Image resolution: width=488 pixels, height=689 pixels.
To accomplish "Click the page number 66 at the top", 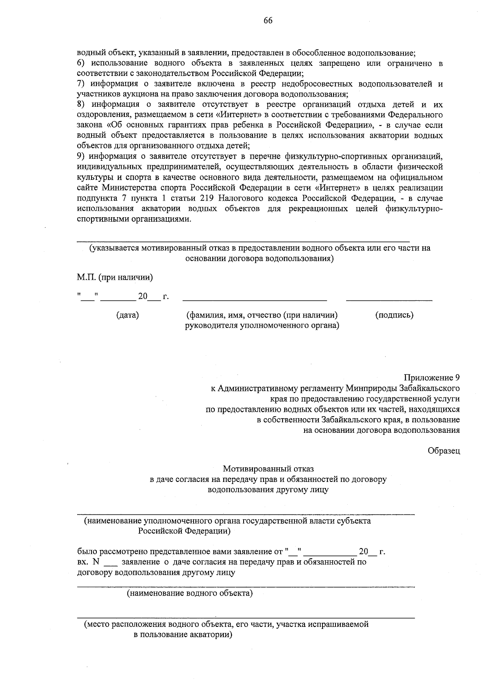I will click(x=268, y=21).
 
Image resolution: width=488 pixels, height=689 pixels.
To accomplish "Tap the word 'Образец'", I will click(x=444, y=451).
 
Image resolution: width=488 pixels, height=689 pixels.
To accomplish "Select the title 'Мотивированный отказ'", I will click(x=268, y=469).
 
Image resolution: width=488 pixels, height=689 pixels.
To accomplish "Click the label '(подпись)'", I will click(x=394, y=315).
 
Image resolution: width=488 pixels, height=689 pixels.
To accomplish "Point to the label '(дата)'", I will click(x=127, y=315).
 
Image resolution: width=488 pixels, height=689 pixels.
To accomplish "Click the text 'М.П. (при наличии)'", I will click(x=115, y=278).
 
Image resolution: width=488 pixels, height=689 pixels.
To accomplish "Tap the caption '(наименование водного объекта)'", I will click(x=190, y=594).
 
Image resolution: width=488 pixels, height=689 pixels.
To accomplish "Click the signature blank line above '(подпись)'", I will click(x=389, y=300).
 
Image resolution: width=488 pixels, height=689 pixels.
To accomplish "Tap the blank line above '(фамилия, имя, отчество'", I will click(x=255, y=300).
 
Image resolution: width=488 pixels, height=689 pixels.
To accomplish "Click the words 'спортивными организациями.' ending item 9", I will click(x=134, y=219).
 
